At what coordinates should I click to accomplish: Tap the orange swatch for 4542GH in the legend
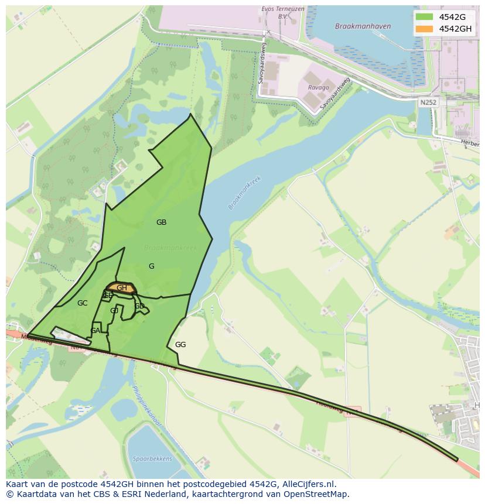[x=424, y=29]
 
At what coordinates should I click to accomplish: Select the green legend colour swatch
[x=424, y=17]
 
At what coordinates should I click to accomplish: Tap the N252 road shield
[x=428, y=102]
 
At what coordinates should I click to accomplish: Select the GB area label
[x=161, y=222]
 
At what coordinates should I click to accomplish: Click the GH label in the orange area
[x=122, y=288]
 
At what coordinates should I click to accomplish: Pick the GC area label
[x=82, y=303]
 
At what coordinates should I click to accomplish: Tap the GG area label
[x=180, y=345]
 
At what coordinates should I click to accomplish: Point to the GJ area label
[x=114, y=311]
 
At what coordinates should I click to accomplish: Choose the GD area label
[x=139, y=306]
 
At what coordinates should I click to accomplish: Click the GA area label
[x=95, y=331]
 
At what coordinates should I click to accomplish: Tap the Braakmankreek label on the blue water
[x=245, y=193]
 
